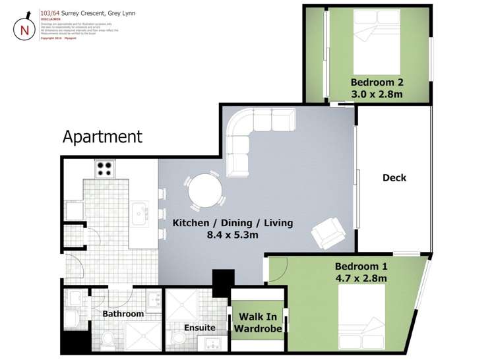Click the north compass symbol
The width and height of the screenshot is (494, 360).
click(24, 28)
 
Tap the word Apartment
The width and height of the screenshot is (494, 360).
click(102, 136)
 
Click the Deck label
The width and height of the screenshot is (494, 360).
click(394, 177)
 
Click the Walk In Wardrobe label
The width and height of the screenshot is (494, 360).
click(260, 322)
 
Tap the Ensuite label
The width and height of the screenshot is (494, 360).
click(200, 327)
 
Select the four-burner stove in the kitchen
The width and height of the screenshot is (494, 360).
click(104, 169)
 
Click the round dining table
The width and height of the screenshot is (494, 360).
click(204, 193)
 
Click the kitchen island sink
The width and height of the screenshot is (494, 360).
click(140, 212)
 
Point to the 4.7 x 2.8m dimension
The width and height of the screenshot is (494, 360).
click(361, 278)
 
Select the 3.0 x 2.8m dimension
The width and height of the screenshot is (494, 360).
click(377, 94)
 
